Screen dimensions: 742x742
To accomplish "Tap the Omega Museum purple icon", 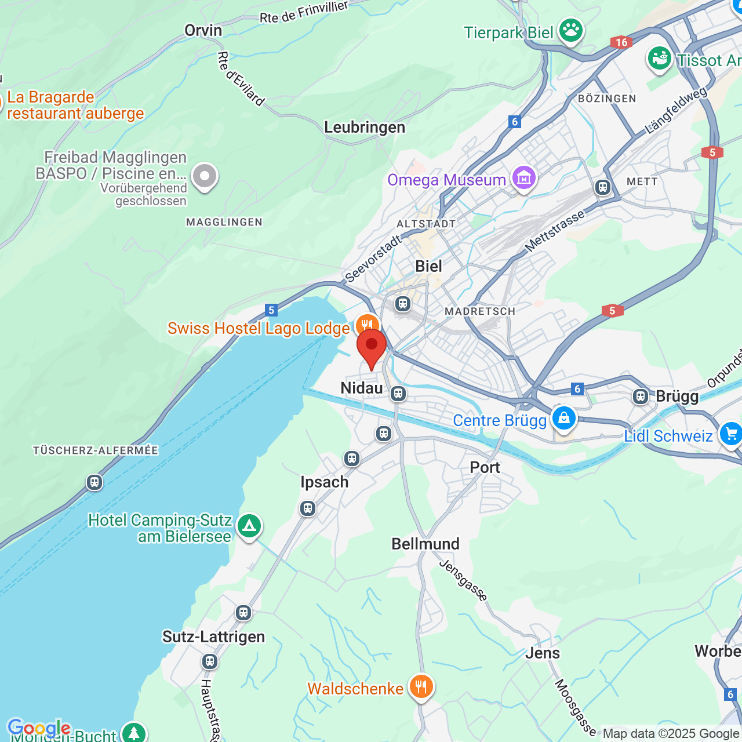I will [x=523, y=178].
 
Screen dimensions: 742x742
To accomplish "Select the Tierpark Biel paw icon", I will [x=571, y=31].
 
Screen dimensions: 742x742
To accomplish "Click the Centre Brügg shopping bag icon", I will [x=563, y=418].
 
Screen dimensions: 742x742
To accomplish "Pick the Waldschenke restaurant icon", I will [x=421, y=687].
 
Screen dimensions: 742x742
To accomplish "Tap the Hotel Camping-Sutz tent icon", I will [x=249, y=526].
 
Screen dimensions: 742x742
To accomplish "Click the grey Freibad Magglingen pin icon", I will [x=204, y=176].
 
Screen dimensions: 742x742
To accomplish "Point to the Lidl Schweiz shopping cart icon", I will [x=730, y=434].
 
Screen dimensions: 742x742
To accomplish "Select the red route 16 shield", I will [x=621, y=42].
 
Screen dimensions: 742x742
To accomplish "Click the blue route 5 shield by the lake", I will [x=271, y=310].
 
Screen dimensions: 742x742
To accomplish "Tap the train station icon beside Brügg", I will [x=640, y=397].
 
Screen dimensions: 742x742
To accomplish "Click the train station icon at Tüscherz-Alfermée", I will [x=94, y=482].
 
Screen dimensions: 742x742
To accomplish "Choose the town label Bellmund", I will [x=425, y=544].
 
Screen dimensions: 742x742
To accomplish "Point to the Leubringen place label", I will [x=364, y=127].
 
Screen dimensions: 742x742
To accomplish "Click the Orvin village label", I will [x=203, y=30].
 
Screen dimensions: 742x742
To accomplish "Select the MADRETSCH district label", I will [x=479, y=311].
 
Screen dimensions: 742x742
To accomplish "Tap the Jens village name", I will [x=543, y=653].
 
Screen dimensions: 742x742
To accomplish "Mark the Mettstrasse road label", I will [x=555, y=231].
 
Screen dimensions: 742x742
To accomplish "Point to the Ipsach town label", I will [x=324, y=482].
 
